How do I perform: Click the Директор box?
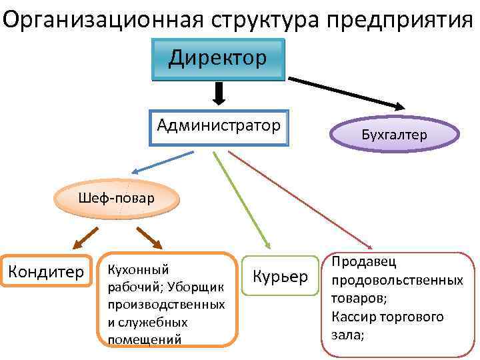(x=218, y=58)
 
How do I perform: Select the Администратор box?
(x=219, y=127)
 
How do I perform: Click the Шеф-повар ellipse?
(x=116, y=198)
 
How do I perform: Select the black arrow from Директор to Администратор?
(x=218, y=94)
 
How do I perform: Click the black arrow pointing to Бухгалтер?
(x=347, y=93)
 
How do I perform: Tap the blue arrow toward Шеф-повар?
(x=161, y=163)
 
